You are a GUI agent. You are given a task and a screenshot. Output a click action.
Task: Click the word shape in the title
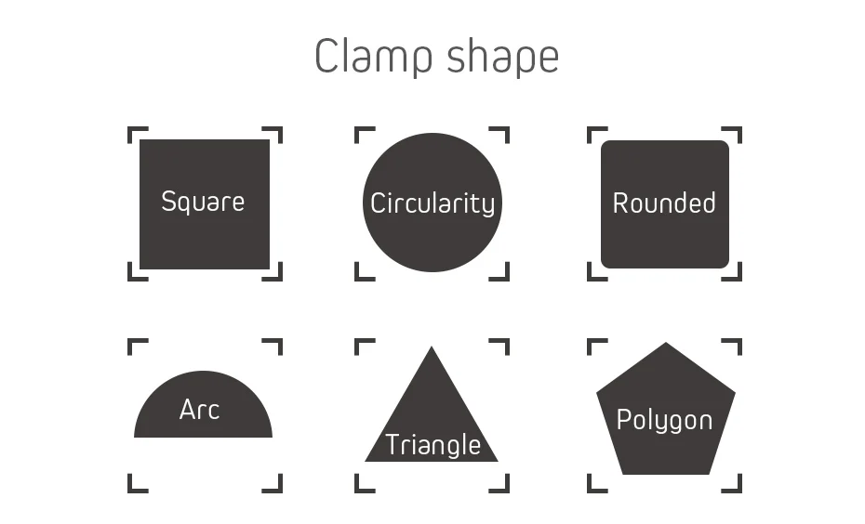point(502,59)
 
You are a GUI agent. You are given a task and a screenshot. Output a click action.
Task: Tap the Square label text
point(203,202)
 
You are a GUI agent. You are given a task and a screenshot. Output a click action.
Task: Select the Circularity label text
point(432,203)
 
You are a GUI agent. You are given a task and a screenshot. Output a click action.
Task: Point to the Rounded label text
point(664,203)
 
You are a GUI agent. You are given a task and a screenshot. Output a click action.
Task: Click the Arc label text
point(199,410)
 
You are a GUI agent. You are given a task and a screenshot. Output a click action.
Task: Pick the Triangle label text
point(432,445)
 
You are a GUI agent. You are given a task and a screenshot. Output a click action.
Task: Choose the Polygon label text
point(664,420)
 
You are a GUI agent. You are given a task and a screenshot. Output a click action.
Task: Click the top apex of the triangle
point(431,349)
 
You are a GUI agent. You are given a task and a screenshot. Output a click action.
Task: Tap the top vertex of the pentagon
point(666,345)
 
